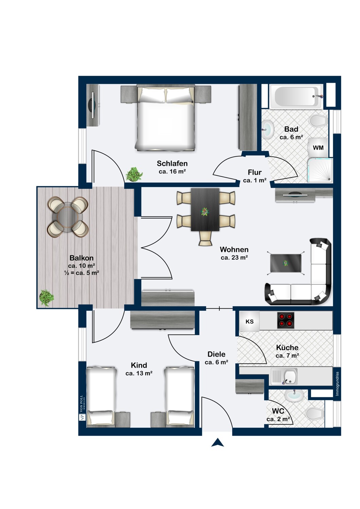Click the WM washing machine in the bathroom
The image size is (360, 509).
pyautogui.click(x=318, y=148)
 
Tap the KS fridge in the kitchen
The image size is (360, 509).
pyautogui.click(x=250, y=322)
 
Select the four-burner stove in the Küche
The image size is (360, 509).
pyautogui.click(x=285, y=320)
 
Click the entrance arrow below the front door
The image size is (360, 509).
pyautogui.click(x=218, y=442)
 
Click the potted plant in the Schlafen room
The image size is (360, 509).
pyautogui.click(x=134, y=174)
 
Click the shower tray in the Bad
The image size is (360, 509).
pyautogui.click(x=320, y=170)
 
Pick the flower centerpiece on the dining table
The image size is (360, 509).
pyautogui.click(x=205, y=212)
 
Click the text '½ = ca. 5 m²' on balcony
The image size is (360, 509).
pyautogui.click(x=82, y=273)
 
